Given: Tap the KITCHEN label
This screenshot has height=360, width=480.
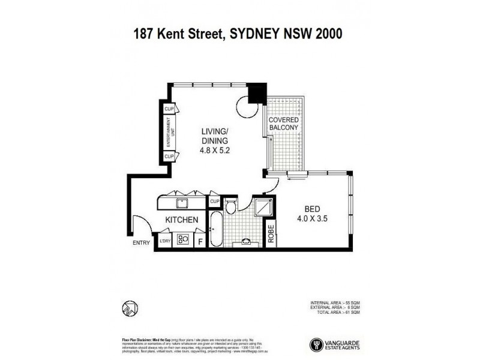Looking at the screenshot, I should (182, 220).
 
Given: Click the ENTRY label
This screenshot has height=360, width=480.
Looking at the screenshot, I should (141, 243).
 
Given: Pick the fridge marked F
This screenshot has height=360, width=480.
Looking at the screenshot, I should (200, 240).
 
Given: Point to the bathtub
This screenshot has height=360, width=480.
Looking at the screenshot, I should (215, 229).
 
